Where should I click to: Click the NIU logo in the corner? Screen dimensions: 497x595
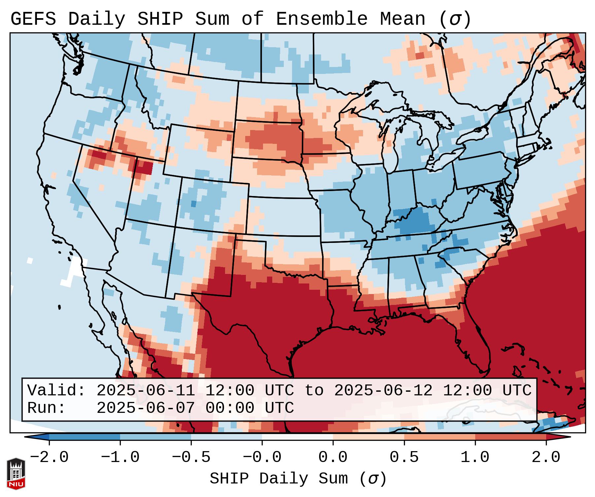tap(16, 473)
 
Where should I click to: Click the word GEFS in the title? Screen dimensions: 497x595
tap(33, 19)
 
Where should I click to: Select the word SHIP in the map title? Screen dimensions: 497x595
tap(160, 19)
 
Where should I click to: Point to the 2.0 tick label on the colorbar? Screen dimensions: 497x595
tap(546, 457)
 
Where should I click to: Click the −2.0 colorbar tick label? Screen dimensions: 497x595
tap(49, 457)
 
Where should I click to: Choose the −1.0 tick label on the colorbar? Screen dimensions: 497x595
tap(120, 457)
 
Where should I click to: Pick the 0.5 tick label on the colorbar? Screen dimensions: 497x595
tap(404, 457)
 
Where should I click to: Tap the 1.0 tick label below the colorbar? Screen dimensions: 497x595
tap(475, 457)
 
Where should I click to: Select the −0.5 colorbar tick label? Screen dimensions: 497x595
tap(191, 457)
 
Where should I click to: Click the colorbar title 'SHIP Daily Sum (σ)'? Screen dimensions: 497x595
tap(298, 479)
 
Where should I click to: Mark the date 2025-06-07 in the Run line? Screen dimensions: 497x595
tap(145, 408)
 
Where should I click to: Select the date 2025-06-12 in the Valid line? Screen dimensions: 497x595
tap(383, 390)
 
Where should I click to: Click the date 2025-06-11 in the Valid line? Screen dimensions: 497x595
tap(145, 390)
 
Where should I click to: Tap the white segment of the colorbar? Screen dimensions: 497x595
tap(297, 437)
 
